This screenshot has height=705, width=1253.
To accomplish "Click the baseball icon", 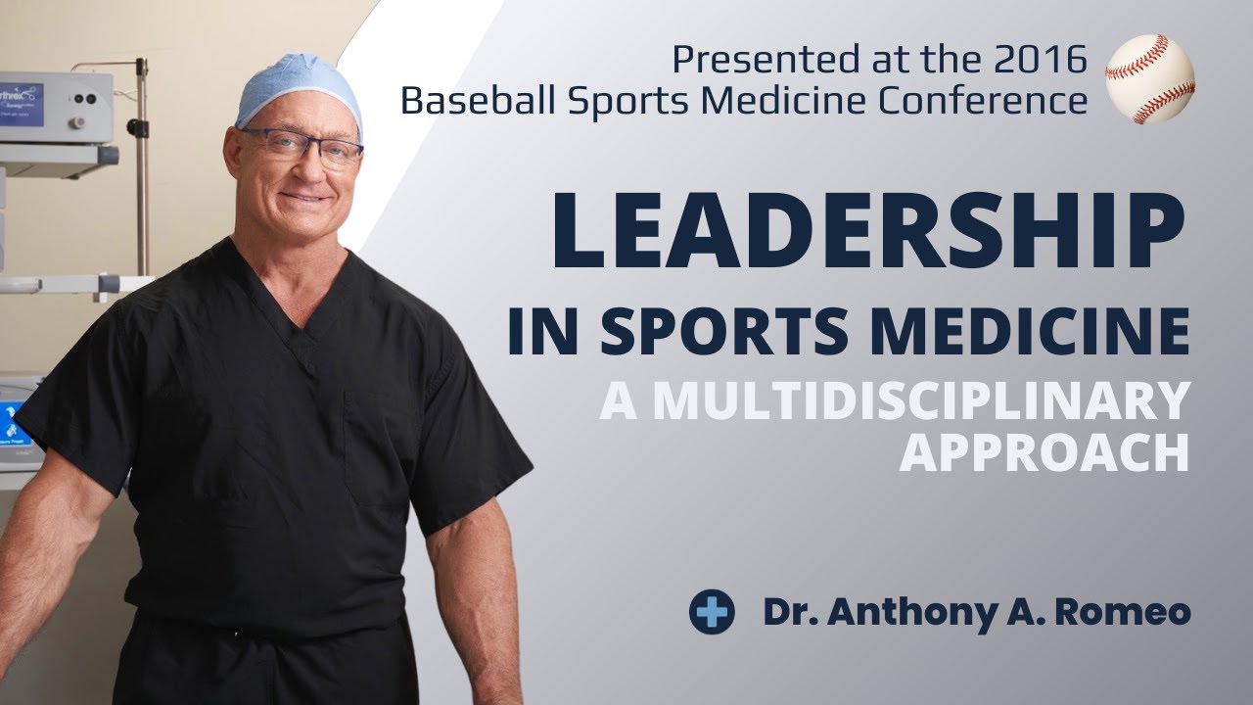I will tap(1149, 78).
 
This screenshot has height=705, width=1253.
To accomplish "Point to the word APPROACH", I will tap(1044, 452).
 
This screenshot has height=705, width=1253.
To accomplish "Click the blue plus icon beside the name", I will tap(712, 611).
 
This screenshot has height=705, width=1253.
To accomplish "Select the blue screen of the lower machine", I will tap(18, 421).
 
